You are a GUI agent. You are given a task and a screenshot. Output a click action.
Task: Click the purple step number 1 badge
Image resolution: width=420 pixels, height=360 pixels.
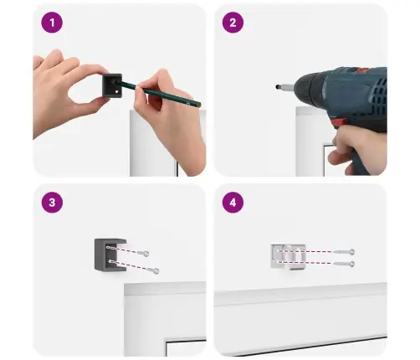52,23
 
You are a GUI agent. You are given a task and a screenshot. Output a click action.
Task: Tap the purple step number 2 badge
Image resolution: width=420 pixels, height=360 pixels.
233,23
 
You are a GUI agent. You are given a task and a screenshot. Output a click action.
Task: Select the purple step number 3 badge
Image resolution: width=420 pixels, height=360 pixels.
52,203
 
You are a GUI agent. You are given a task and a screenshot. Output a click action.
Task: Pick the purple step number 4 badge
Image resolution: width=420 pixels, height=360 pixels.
233,203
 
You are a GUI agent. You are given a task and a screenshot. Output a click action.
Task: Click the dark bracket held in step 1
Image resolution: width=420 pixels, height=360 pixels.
112,85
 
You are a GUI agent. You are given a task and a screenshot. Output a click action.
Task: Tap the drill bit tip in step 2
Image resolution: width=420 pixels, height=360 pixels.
277,87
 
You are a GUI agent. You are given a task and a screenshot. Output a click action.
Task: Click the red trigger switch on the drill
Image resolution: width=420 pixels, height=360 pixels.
338,123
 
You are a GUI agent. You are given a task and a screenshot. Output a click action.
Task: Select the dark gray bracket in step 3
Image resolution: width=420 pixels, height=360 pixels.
110,255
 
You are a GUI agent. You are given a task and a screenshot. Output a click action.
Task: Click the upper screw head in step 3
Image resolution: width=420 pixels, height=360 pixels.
146,254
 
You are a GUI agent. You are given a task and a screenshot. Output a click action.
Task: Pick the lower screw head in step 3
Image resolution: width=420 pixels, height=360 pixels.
156,270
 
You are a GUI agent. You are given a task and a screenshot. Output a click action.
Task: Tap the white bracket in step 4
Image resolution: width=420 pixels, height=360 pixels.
289,257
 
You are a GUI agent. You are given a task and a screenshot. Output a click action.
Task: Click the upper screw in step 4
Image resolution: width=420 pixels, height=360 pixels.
344,252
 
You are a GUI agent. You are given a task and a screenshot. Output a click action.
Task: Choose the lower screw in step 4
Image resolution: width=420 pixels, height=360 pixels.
344,264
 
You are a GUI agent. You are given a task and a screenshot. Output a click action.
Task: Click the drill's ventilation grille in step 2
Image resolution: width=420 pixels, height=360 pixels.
379,92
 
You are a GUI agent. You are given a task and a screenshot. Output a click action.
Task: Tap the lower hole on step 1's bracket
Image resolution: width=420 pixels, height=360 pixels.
117,91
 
